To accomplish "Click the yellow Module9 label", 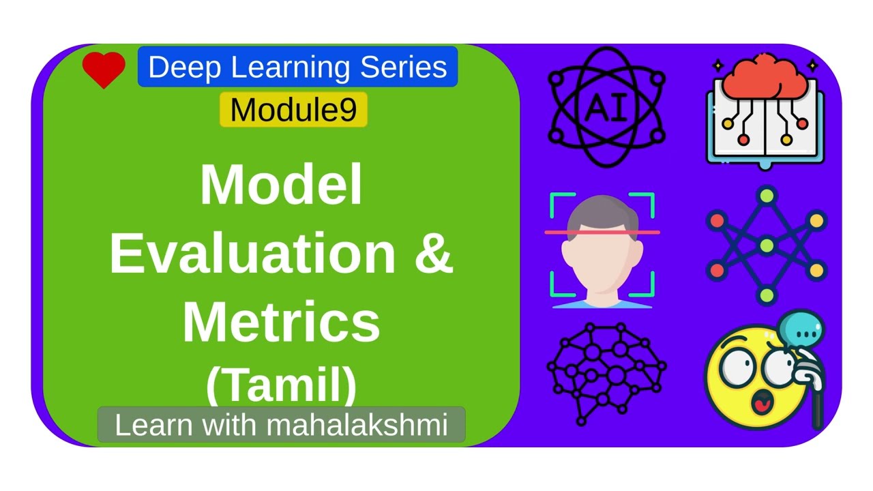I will pyautogui.click(x=293, y=110).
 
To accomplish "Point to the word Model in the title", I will pyautogui.click(x=281, y=185).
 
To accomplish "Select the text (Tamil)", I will pyautogui.click(x=281, y=385).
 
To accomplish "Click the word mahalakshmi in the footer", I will pyautogui.click(x=357, y=425).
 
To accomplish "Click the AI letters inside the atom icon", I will pyautogui.click(x=606, y=107).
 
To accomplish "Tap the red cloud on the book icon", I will pyautogui.click(x=765, y=76).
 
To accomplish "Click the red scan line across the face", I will pyautogui.click(x=602, y=233).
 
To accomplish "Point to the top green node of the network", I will pyautogui.click(x=767, y=196).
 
